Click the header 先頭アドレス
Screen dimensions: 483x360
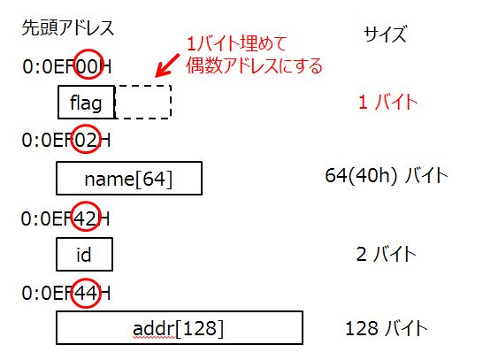68,28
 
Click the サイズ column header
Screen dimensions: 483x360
385,34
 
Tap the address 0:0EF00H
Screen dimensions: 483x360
67,66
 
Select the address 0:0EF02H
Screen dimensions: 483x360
66,140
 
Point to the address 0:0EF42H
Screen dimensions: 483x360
65,219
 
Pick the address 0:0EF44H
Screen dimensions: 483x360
66,293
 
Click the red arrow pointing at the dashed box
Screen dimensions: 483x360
167,65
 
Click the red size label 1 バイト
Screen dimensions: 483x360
387,102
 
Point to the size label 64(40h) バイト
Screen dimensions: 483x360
387,176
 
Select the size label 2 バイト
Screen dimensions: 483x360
387,255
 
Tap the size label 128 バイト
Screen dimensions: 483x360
387,328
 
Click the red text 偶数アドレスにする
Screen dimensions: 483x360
254,65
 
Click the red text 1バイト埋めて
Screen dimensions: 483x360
236,43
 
